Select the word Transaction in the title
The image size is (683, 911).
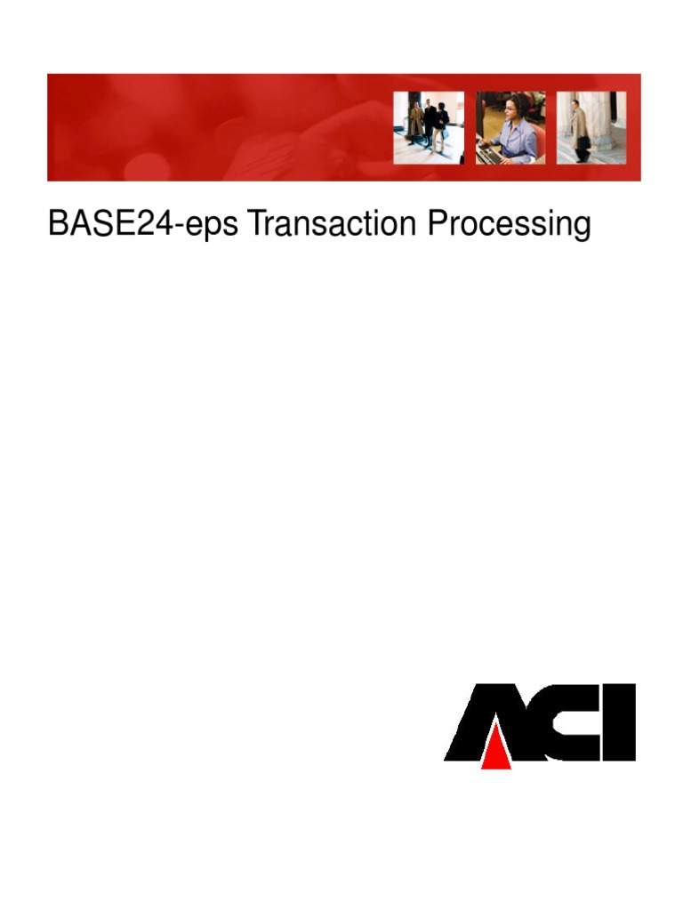click(332, 224)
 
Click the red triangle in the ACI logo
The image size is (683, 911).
click(496, 749)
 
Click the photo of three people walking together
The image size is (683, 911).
click(429, 127)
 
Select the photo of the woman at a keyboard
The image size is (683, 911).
click(510, 127)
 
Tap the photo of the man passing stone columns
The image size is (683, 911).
click(591, 127)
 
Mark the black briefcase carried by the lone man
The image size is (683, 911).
click(583, 142)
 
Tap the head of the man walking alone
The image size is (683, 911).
click(575, 103)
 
